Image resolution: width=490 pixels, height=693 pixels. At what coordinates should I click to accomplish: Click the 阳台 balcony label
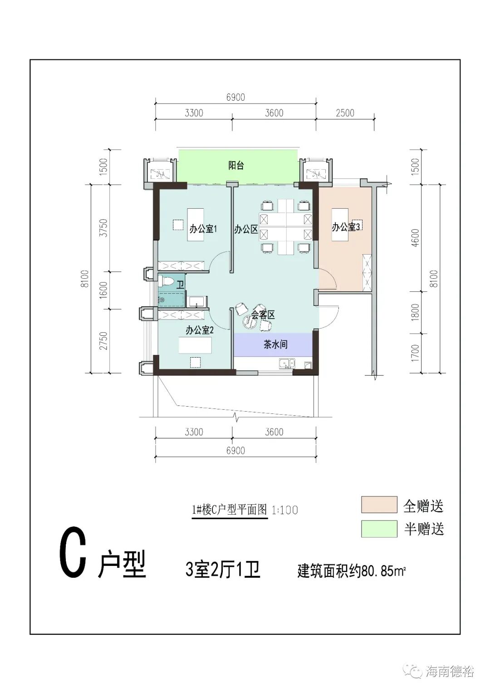236,166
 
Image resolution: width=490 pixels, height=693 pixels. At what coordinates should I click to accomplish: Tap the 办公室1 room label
203,229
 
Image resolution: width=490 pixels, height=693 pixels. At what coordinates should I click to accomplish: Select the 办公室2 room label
199,330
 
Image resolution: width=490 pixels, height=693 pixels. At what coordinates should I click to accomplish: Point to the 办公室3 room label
345,227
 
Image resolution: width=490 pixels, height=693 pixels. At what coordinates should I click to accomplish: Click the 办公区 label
245,229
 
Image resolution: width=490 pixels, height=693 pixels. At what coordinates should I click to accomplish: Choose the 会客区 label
263,315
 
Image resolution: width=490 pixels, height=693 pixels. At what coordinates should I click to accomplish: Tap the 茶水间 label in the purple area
275,344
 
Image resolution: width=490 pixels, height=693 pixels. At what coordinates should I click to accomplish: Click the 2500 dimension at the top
345,113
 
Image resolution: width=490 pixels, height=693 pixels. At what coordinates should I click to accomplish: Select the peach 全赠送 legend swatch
379,505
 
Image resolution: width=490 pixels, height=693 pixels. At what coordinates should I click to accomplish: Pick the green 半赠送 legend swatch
379,529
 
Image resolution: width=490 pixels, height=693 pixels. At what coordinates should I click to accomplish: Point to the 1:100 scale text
284,510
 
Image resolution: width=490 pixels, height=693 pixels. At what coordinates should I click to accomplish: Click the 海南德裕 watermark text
451,671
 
